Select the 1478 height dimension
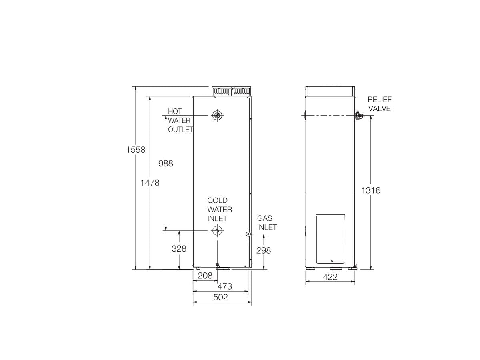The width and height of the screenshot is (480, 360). [150, 183]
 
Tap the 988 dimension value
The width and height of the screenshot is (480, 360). [166, 163]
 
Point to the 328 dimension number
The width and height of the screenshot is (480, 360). [179, 248]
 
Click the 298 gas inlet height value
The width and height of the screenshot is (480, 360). [264, 250]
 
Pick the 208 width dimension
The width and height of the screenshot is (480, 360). [205, 276]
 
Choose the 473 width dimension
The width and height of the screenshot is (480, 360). [224, 286]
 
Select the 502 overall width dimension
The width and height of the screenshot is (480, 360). [220, 297]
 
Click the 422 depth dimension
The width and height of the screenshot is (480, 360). [330, 277]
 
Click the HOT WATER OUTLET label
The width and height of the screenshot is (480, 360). [180, 120]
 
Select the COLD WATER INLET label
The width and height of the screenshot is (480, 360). [219, 209]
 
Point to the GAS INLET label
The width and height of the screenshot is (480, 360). [267, 223]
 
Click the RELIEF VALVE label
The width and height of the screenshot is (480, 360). [380, 104]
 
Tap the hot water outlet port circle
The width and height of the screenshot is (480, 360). [217, 116]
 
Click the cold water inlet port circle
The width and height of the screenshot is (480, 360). [217, 230]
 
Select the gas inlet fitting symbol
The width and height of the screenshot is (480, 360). [248, 234]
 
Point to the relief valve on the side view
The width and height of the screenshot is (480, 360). [358, 116]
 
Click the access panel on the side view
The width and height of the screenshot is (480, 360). [331, 239]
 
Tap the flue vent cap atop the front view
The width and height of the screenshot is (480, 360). [232, 92]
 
